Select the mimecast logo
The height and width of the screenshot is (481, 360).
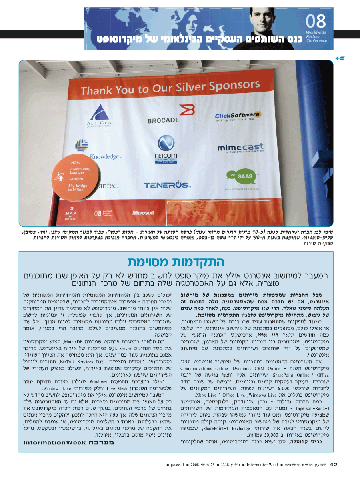[x=240, y=148]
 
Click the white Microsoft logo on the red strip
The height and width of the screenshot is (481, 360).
[x=143, y=213]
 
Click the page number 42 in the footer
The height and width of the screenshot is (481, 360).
[x=334, y=465]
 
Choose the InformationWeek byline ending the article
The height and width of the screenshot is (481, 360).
[x=68, y=442]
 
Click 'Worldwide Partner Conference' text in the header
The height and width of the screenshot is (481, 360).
[x=316, y=36]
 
